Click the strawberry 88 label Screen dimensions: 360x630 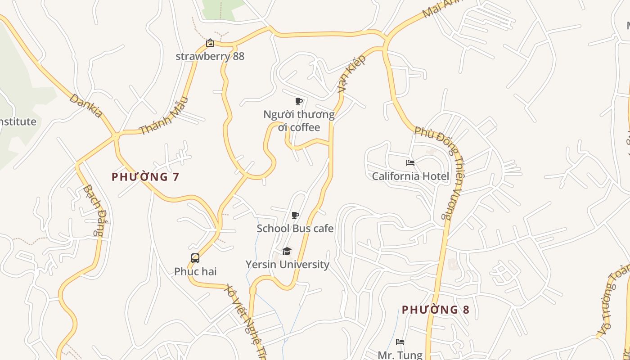coord(210,56)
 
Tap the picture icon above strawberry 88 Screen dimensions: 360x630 coord(210,43)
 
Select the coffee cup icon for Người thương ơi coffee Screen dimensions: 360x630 coord(298,101)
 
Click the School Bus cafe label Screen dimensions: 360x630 coord(295,229)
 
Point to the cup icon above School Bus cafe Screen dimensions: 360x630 coord(295,216)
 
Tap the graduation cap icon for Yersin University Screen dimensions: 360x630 coord(287,251)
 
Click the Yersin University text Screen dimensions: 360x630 coord(287,265)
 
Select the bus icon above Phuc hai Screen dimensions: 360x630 coord(195,258)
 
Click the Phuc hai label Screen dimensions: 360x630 coord(195,271)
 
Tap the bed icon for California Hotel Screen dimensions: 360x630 coord(410,163)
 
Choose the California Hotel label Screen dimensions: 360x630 coord(410,176)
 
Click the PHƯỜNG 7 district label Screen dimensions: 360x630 coord(145,177)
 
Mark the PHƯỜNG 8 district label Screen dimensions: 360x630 coord(435,310)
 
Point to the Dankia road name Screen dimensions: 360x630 coord(85,105)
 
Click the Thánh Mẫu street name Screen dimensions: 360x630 coord(163,116)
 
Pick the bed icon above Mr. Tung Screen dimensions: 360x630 coord(400,342)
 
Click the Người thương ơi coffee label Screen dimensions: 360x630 coord(299,121)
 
